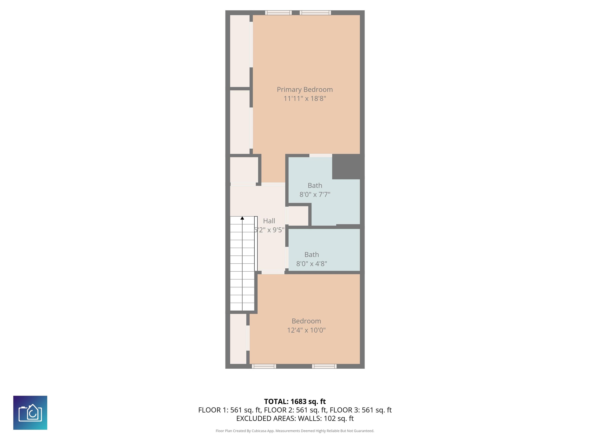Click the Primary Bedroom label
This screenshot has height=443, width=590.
tap(305, 89)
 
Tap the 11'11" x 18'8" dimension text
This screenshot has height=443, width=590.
tap(305, 98)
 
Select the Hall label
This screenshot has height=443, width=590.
tap(269, 221)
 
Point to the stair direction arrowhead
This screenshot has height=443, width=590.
tap(242, 218)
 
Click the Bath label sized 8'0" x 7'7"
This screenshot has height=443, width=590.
tap(315, 185)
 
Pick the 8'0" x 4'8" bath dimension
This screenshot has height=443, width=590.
tap(312, 264)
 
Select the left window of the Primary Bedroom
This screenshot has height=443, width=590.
tap(278, 12)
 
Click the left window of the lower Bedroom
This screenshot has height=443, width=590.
tap(264, 366)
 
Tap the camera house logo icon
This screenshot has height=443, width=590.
tap(30, 413)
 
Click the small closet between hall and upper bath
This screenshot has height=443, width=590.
tap(298, 216)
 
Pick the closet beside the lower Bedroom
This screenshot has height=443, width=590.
tap(238, 339)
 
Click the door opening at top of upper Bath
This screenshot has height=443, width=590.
tap(321, 155)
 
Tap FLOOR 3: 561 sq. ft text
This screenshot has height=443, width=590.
tap(361, 410)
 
